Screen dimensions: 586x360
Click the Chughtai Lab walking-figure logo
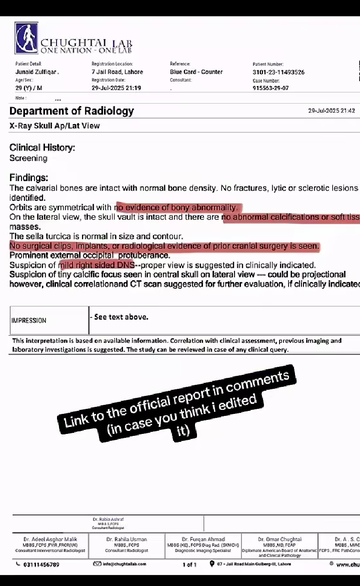click(26, 38)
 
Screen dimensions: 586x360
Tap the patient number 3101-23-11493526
click(278, 72)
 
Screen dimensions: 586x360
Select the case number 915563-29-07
click(270, 88)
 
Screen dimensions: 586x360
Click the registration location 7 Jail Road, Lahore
click(117, 72)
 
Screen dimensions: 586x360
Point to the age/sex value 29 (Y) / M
click(29, 88)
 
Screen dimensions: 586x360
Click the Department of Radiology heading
click(71, 111)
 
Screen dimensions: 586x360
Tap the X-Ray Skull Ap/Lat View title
click(54, 126)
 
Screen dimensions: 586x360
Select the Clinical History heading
click(42, 148)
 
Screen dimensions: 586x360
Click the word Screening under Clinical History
click(28, 158)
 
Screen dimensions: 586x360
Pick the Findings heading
click(29, 178)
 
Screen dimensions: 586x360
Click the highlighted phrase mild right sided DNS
click(96, 265)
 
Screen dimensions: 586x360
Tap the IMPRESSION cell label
click(28, 320)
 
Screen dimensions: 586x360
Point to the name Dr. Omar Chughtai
click(279, 539)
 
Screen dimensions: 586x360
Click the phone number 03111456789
click(41, 564)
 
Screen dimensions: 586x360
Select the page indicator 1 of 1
click(189, 564)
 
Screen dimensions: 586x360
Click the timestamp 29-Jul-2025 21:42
click(331, 111)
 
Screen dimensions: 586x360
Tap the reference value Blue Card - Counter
click(196, 72)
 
